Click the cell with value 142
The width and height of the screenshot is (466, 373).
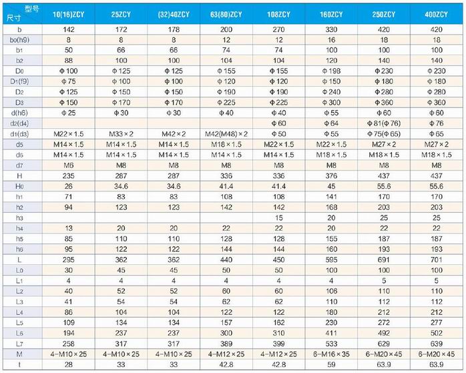coord(68,30)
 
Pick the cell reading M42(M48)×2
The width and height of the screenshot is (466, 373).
coord(226,133)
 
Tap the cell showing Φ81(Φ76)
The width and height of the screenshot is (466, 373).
coord(383,123)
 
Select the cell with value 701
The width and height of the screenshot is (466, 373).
coord(437,258)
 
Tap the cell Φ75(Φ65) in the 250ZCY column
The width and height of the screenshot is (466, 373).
coord(383,133)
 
